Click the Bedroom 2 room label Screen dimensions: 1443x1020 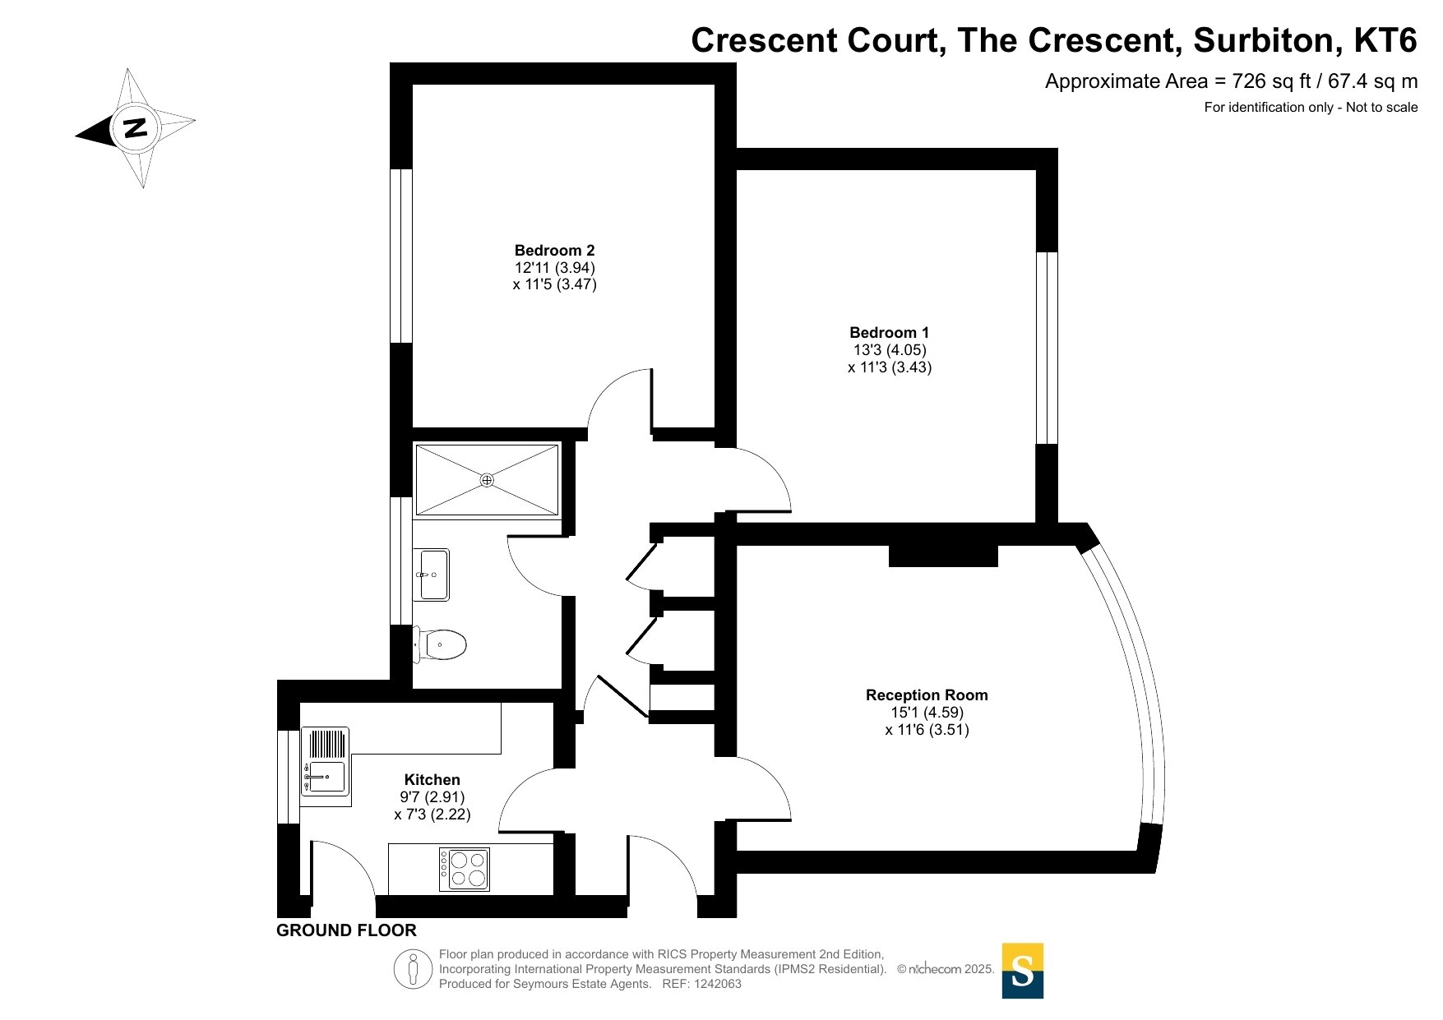click(554, 251)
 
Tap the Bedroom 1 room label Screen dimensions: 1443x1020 click(889, 333)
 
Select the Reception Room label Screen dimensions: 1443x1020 click(927, 695)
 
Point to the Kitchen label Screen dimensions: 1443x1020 click(432, 780)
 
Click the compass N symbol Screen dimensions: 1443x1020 click(135, 128)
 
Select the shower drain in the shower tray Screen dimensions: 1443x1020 click(487, 480)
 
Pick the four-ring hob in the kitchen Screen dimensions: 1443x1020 click(465, 869)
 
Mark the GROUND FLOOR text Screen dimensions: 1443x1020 click(346, 930)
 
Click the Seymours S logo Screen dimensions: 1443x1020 click(1023, 971)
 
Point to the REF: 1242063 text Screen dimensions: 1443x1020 click(702, 984)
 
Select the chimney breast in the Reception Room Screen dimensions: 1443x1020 click(943, 556)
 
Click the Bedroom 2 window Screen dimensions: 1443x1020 click(400, 256)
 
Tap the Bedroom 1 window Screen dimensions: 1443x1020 click(1047, 348)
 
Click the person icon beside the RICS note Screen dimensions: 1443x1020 click(413, 969)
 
